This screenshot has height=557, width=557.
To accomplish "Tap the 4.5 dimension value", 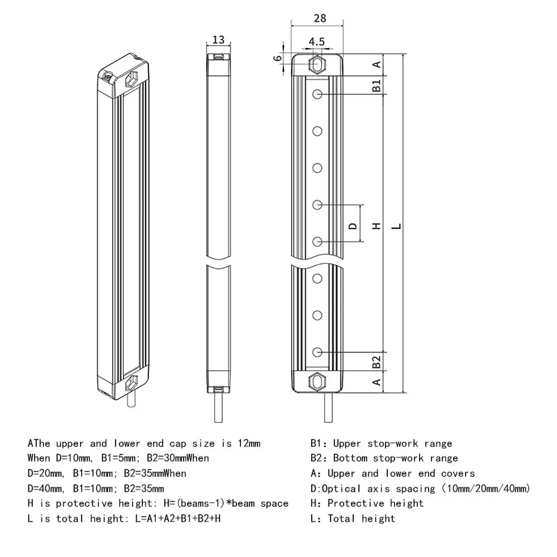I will point(317,42).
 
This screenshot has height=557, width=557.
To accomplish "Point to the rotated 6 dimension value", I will point(278,58).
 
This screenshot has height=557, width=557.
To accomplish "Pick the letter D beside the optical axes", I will point(352,225).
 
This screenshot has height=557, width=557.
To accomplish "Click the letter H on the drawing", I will point(376,226).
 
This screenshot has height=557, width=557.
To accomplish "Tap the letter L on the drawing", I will point(395,226).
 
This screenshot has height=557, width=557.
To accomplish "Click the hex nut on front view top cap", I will point(317,65).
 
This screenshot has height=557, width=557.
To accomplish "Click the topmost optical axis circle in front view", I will point(317,94).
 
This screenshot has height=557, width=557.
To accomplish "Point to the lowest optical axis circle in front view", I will point(317,352).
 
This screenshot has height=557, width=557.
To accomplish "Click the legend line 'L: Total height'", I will point(353,519).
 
